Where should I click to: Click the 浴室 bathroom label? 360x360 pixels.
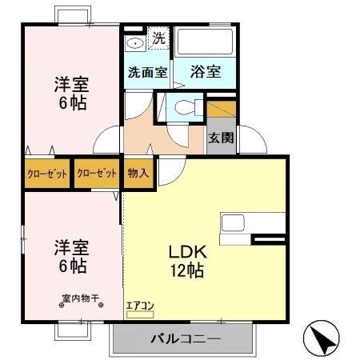tap(206, 72)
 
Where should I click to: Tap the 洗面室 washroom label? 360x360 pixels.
tap(147, 72)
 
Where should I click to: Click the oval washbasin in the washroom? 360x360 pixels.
tap(136, 42)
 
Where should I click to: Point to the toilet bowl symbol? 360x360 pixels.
tap(184, 108)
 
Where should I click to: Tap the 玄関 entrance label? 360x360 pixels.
tap(222, 138)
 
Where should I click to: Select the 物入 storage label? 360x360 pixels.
tap(138, 172)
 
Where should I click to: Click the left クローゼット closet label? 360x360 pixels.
tap(46, 172)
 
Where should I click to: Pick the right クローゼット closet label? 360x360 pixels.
tap(97, 172)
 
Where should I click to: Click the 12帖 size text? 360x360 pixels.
tap(186, 270)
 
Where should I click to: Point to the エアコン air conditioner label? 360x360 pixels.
tap(139, 305)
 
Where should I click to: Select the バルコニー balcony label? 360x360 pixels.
tap(185, 338)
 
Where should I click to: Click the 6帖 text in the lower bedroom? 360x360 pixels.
tap(70, 265)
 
